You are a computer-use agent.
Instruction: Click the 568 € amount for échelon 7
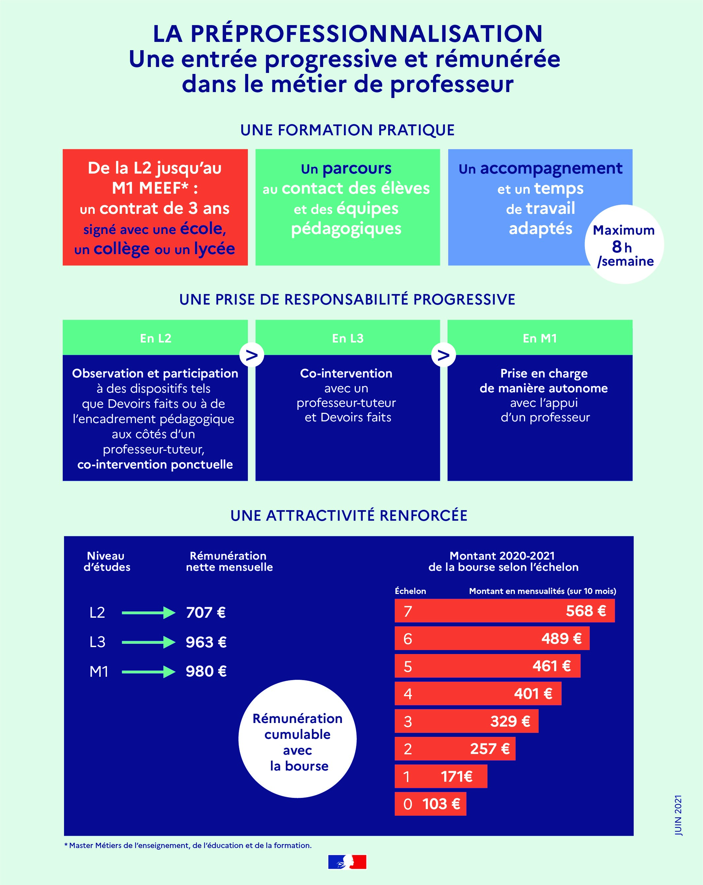(x=586, y=611)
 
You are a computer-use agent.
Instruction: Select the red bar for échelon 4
(x=478, y=694)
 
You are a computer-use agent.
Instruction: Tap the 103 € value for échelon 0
(x=441, y=804)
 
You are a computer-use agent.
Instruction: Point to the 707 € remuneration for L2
(x=206, y=612)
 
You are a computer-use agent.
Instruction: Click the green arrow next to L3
(x=149, y=642)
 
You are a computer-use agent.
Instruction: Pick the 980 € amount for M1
(x=206, y=671)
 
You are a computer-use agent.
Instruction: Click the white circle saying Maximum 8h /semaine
(x=624, y=244)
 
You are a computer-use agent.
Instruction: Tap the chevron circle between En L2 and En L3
(x=252, y=355)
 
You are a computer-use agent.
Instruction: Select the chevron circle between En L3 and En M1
(x=444, y=355)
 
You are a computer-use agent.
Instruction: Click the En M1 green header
(x=540, y=338)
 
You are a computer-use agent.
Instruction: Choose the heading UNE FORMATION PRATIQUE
(x=348, y=130)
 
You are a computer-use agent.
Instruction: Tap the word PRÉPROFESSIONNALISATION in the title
(x=367, y=34)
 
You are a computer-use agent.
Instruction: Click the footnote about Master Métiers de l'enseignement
(x=188, y=845)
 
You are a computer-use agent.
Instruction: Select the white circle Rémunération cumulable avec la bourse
(x=298, y=739)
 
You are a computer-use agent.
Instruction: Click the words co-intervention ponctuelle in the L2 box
(x=155, y=464)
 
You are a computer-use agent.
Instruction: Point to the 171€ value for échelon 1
(x=457, y=776)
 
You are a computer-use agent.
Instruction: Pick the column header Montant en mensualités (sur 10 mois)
(x=543, y=591)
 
